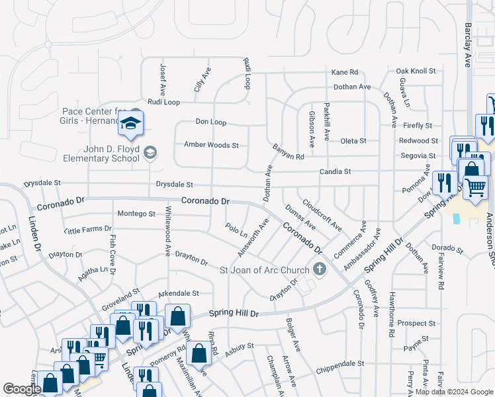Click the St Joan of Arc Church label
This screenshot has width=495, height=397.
click(x=265, y=270)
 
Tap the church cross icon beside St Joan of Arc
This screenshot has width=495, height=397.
click(x=320, y=269)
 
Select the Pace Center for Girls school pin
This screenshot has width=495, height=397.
click(x=131, y=124)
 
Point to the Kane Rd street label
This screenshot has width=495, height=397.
click(x=344, y=72)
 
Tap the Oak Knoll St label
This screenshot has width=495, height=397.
click(x=416, y=71)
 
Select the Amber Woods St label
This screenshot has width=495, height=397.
click(x=211, y=145)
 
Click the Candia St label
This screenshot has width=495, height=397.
click(x=334, y=171)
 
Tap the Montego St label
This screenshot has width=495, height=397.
click(x=136, y=214)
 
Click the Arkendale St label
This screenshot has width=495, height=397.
click(x=178, y=293)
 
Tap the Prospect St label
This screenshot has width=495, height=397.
click(x=416, y=324)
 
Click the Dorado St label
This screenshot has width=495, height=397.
click(x=447, y=249)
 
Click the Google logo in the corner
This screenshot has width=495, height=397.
click(x=22, y=389)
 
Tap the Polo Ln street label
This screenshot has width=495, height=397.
click(x=236, y=232)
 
